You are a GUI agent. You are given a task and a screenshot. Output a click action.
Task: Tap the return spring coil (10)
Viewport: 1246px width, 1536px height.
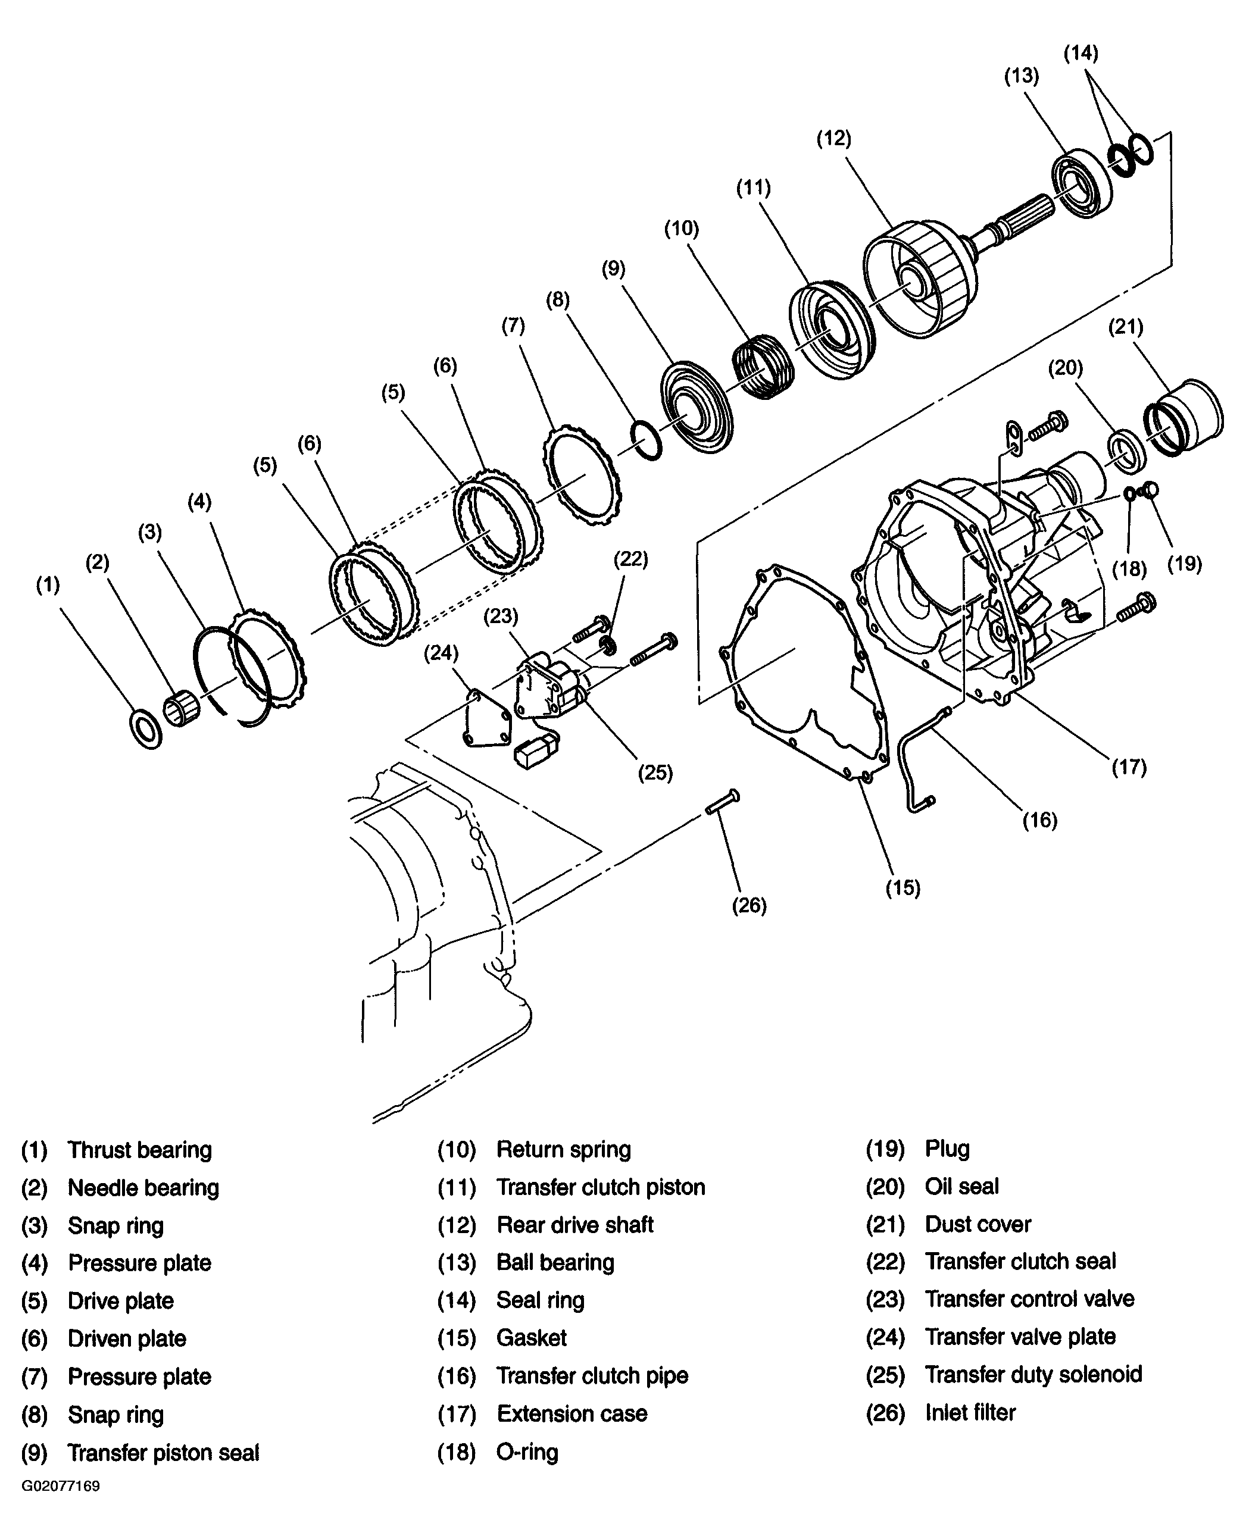click(x=764, y=367)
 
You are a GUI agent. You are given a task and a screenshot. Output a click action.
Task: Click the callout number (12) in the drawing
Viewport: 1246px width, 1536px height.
click(x=833, y=139)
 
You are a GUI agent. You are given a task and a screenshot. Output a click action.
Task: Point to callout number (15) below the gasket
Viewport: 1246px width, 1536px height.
click(x=902, y=887)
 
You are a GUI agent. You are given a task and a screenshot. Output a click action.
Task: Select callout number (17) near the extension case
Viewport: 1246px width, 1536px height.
click(x=1129, y=767)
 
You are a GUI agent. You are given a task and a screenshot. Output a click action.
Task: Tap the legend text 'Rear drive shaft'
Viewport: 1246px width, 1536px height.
click(x=575, y=1225)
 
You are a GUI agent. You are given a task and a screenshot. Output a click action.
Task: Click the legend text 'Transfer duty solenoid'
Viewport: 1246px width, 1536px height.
click(x=1033, y=1374)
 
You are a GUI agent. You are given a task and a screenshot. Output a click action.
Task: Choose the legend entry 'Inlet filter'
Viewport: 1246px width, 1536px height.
click(x=970, y=1412)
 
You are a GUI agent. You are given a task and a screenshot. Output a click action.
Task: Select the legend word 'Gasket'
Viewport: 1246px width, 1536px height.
click(x=531, y=1337)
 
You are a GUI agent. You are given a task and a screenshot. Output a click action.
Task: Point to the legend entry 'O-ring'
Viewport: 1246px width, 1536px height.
click(x=527, y=1452)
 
